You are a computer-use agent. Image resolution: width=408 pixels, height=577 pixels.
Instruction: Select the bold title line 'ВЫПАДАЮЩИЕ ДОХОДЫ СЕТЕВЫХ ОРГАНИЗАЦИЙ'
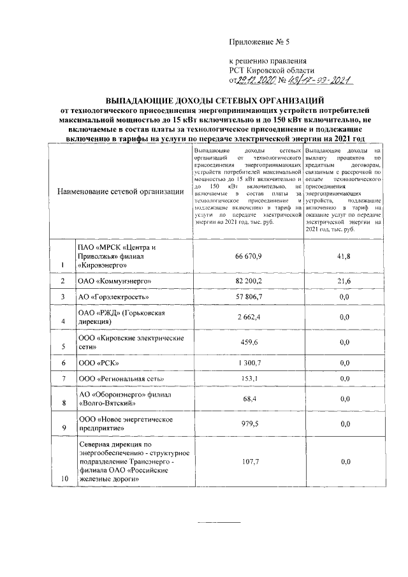click(215, 100)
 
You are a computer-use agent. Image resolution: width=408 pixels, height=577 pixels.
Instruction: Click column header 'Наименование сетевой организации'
click(119, 192)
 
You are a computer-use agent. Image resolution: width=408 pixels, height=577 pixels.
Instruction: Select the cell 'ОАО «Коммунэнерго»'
click(114, 281)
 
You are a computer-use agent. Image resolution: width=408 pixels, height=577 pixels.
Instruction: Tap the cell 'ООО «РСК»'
click(96, 363)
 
